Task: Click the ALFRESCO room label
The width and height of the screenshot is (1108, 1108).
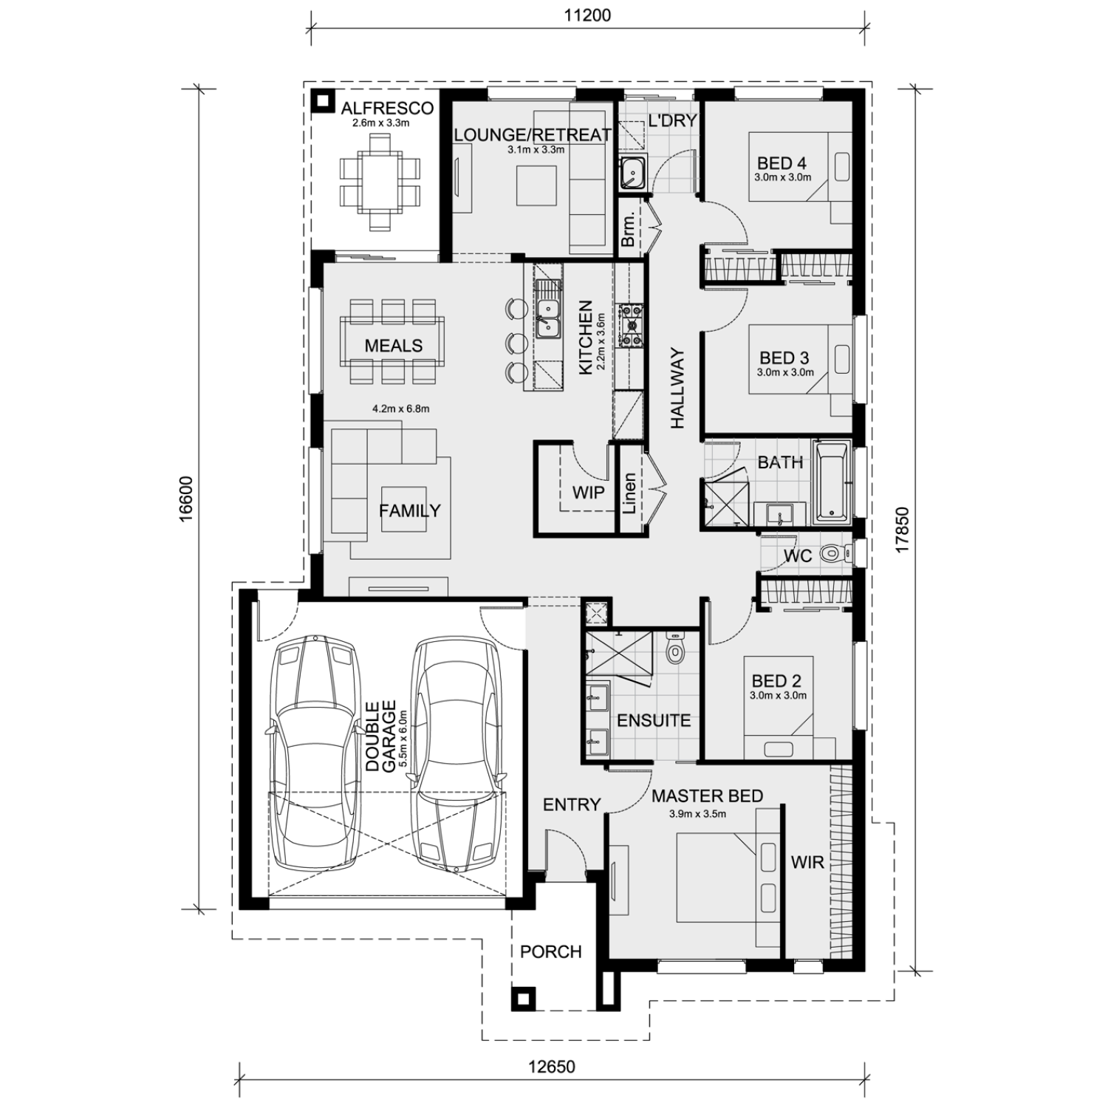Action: click(x=387, y=108)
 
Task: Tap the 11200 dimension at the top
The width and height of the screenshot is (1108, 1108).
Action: click(x=587, y=15)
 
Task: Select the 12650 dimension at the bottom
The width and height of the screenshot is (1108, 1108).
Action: click(x=552, y=1067)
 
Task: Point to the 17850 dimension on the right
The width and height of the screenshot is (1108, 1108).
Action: click(x=901, y=529)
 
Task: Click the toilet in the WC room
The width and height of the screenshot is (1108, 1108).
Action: click(x=835, y=553)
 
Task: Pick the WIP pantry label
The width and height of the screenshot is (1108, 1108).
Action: click(x=588, y=492)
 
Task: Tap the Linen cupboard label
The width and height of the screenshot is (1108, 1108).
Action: click(x=629, y=493)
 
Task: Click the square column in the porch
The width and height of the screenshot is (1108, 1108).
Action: click(x=523, y=999)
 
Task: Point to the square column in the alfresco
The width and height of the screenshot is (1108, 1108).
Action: click(x=322, y=100)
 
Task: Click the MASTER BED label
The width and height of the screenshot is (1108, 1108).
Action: click(x=707, y=796)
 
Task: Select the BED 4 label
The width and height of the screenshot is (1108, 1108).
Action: click(x=782, y=163)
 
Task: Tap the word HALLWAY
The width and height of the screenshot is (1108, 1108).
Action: click(x=678, y=389)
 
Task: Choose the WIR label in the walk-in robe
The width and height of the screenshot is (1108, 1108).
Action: click(x=807, y=862)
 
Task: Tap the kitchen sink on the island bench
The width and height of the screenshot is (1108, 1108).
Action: click(x=547, y=318)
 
